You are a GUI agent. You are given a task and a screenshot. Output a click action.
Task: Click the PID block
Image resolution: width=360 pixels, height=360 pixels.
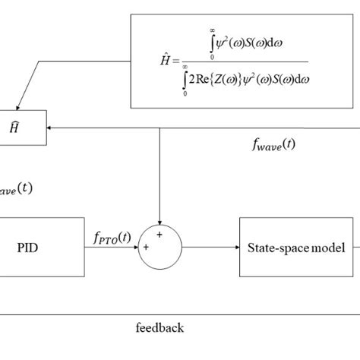click(x=42, y=247)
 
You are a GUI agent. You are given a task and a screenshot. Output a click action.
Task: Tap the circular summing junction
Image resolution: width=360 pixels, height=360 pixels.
click(x=160, y=247)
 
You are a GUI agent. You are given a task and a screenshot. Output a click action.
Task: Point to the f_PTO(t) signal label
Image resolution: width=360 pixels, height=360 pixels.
click(x=111, y=238)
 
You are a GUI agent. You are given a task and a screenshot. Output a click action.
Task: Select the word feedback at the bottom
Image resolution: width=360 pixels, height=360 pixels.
click(x=159, y=328)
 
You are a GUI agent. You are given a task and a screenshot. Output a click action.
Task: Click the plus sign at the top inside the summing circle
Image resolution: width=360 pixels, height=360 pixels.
click(x=160, y=235)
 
